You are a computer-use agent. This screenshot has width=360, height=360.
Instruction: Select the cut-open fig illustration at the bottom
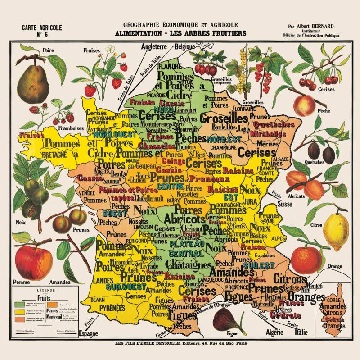[226, 319]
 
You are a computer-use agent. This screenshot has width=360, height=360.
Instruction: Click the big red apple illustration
[33, 262]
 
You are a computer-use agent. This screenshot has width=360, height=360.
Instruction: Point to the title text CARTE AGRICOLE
[42, 27]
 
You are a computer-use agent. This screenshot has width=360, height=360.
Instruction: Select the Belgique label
[184, 46]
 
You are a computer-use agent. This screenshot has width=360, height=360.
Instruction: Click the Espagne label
[88, 334]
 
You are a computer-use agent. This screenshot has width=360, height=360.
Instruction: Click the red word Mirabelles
[268, 134]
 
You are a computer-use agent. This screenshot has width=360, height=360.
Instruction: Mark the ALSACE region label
[282, 159]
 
